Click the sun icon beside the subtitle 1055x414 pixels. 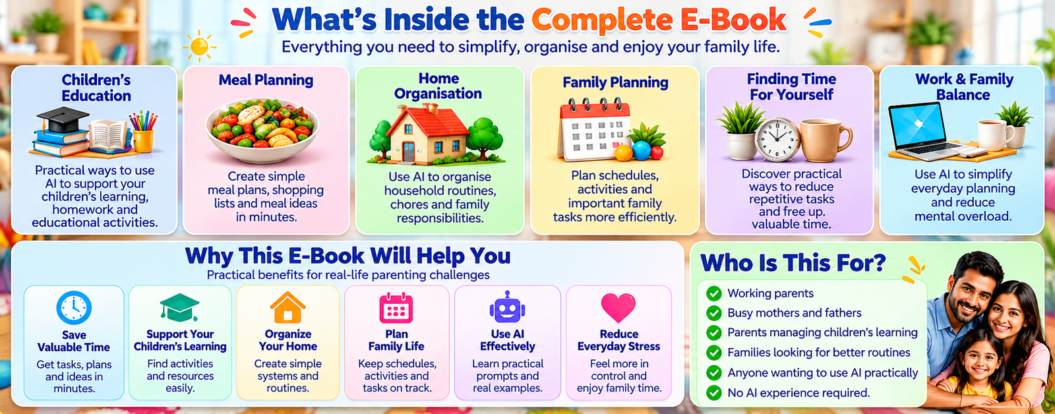pyautogui.click(x=200, y=46)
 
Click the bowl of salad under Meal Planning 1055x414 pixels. pyautogui.click(x=262, y=129)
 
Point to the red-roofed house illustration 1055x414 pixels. pyautogui.click(x=426, y=135)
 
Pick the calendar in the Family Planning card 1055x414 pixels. pyautogui.click(x=594, y=130)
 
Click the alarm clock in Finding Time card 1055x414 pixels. pyautogui.click(x=777, y=139)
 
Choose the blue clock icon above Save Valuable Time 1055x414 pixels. pyautogui.click(x=74, y=308)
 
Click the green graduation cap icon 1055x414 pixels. pyautogui.click(x=179, y=308)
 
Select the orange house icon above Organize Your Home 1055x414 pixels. pyautogui.click(x=287, y=307)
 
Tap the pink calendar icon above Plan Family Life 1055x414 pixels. pyautogui.click(x=396, y=308)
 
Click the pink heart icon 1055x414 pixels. pyautogui.click(x=618, y=308)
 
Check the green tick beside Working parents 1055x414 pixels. pyautogui.click(x=714, y=293)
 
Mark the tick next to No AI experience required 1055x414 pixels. pyautogui.click(x=714, y=393)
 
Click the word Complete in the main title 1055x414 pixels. pyautogui.click(x=602, y=20)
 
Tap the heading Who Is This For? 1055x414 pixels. pyautogui.click(x=793, y=262)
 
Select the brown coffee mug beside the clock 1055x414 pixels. pyautogui.click(x=825, y=140)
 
